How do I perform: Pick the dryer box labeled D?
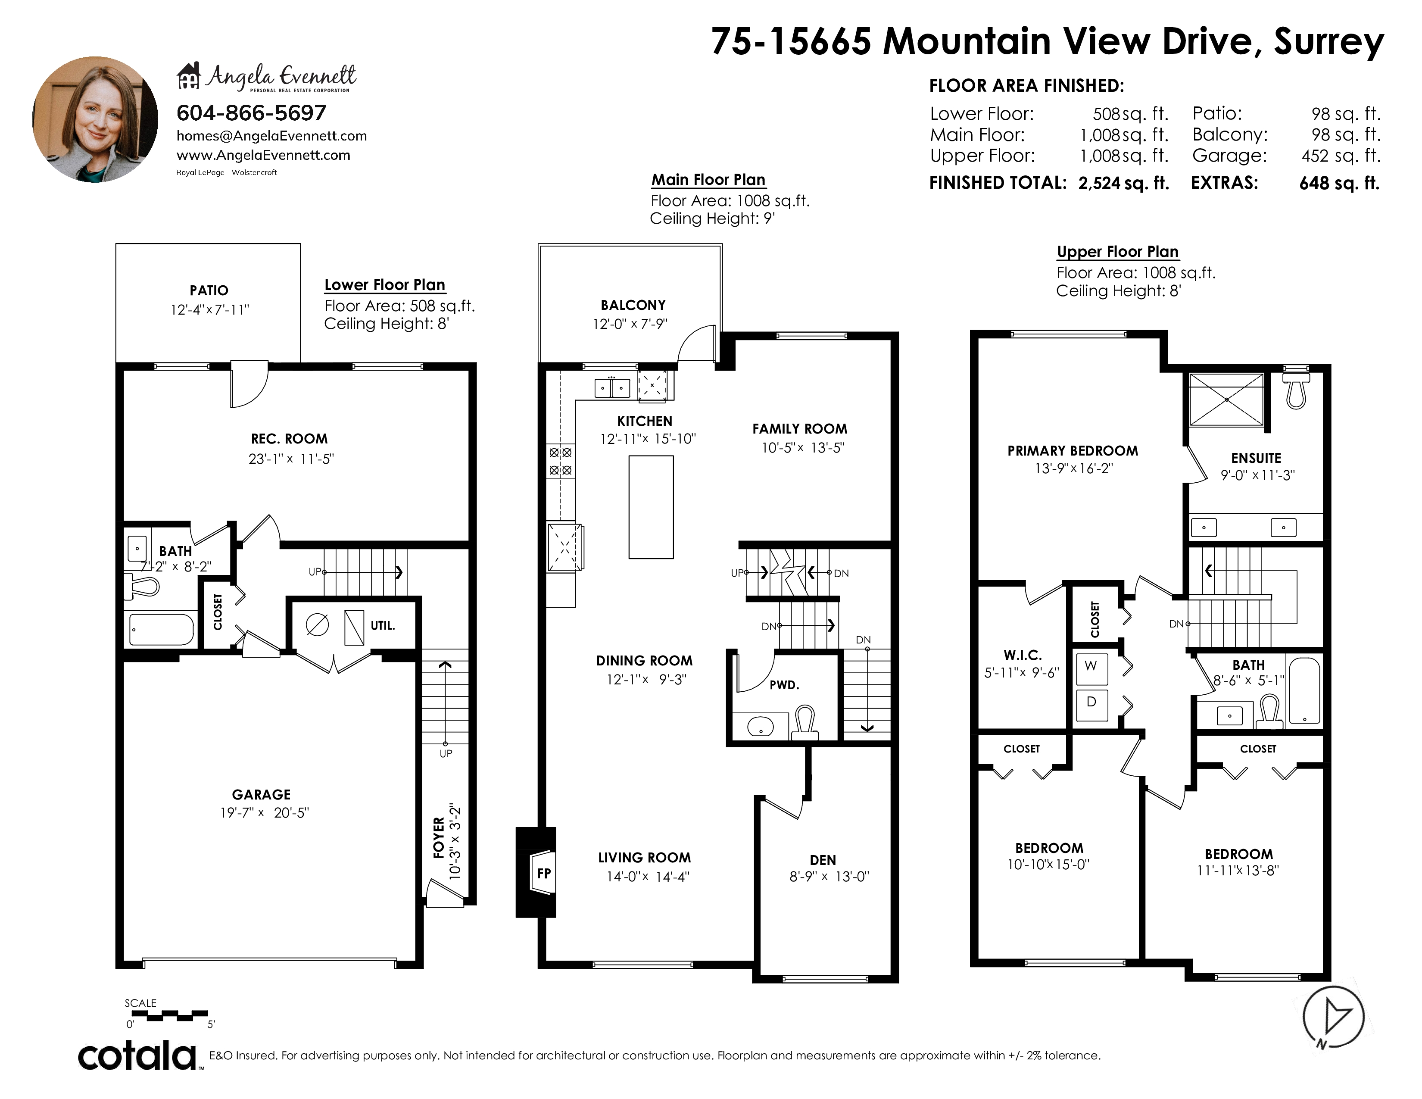(x=1091, y=704)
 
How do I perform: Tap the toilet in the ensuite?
(x=1296, y=388)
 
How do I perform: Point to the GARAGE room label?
(x=261, y=794)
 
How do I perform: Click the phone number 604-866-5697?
(x=251, y=113)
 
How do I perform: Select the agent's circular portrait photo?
(x=95, y=119)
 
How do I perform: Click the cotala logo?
(x=138, y=1056)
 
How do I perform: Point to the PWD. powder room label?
(x=784, y=685)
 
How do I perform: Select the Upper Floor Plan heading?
(x=1117, y=252)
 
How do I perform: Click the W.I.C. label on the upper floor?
(x=1022, y=655)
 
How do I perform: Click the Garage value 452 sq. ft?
(x=1341, y=156)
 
